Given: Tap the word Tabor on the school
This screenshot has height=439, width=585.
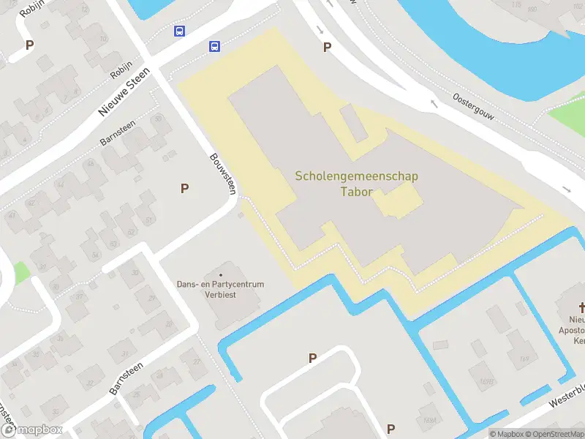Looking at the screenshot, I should point(357,192).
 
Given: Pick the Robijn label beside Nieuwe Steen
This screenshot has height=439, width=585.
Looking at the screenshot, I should point(120,70).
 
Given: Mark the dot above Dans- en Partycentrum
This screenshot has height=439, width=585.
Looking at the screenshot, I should point(220,275).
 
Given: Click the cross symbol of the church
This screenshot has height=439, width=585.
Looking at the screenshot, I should point(584,307).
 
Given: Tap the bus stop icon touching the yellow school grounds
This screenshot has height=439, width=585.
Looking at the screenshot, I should point(214,46).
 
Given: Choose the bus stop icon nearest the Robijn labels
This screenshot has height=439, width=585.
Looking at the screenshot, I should point(179,31).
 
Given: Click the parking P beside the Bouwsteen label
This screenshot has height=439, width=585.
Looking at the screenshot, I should point(185,189).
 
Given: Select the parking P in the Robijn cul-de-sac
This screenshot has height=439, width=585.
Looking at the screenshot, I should point(30,45).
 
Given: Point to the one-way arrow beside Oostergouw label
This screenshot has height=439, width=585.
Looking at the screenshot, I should point(434,103).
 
